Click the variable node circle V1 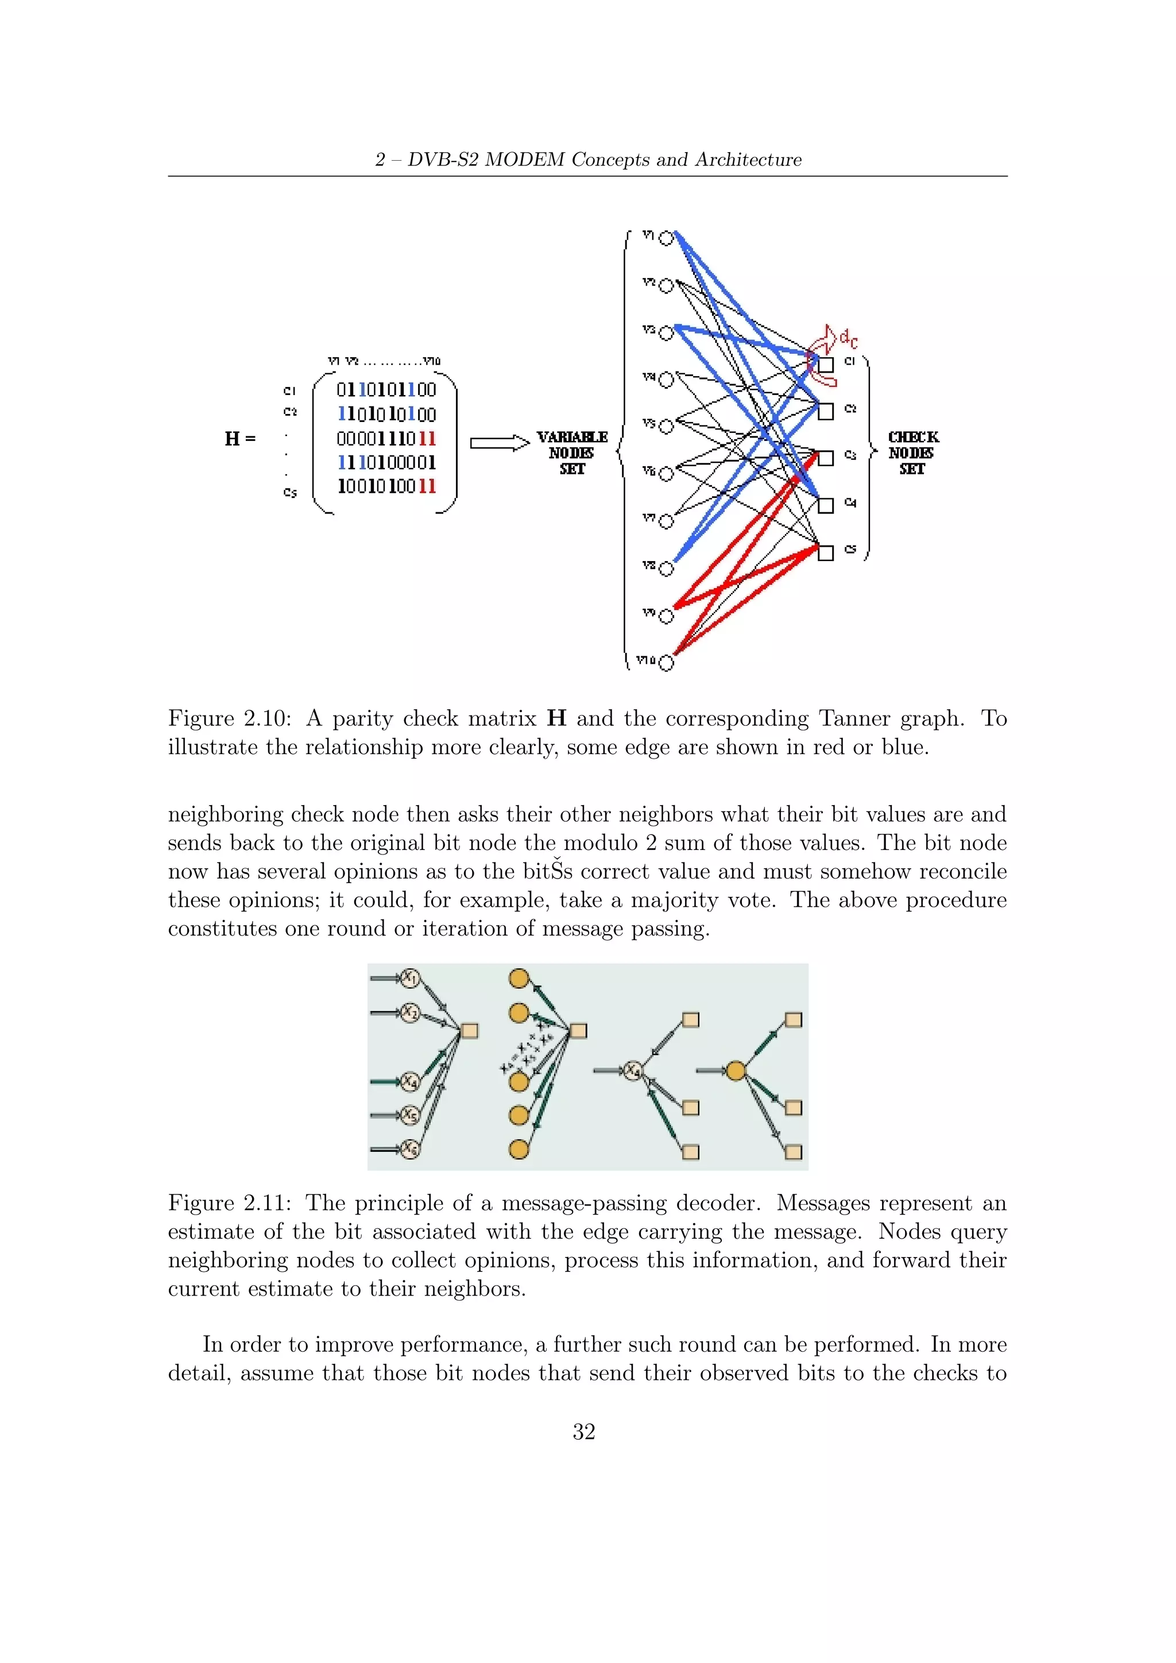click(x=666, y=238)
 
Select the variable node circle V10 click(x=666, y=663)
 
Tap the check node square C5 click(x=826, y=552)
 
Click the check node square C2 click(x=826, y=411)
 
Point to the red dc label click(x=848, y=338)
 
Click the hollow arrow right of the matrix click(x=500, y=443)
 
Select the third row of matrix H click(x=386, y=439)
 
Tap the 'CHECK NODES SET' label click(x=912, y=453)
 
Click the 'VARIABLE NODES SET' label click(x=571, y=453)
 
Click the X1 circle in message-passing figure click(x=411, y=979)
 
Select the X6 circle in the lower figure click(x=411, y=1148)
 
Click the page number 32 click(x=583, y=1432)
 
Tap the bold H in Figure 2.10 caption click(x=556, y=718)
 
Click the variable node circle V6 click(x=666, y=474)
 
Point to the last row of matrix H click(x=386, y=486)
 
